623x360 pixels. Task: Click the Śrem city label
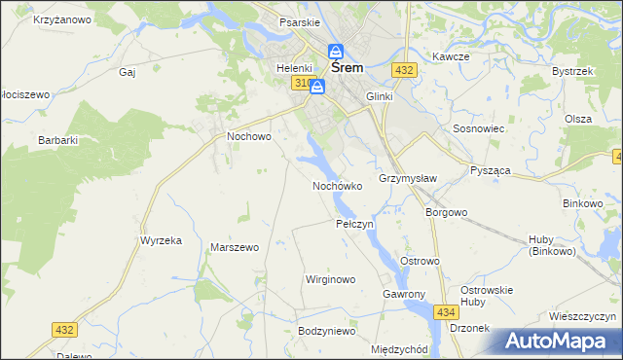[348, 69]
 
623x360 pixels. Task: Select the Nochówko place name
[337, 185]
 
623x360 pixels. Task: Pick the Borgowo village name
[447, 211]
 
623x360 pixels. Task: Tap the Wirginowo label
[330, 279]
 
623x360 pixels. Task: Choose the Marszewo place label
[234, 247]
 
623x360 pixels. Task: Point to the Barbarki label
[57, 140]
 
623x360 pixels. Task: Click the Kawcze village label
[452, 56]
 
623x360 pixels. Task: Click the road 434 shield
[446, 311]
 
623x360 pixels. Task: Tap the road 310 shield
[300, 84]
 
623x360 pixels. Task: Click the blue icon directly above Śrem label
[336, 52]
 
